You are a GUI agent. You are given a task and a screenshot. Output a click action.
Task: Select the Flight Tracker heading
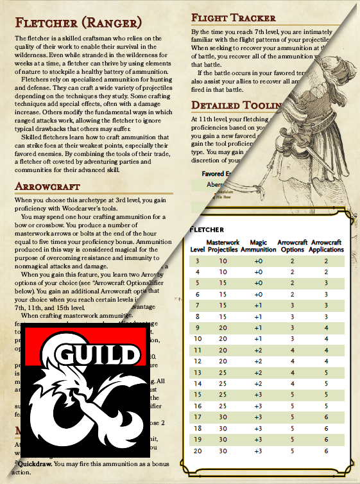(x=234, y=18)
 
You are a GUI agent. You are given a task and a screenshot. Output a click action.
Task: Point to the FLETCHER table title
(x=207, y=229)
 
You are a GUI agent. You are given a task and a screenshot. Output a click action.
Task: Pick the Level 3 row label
(x=197, y=261)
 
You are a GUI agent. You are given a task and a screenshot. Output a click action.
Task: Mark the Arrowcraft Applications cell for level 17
(x=326, y=417)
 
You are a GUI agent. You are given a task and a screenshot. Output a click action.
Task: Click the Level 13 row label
(x=197, y=372)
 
